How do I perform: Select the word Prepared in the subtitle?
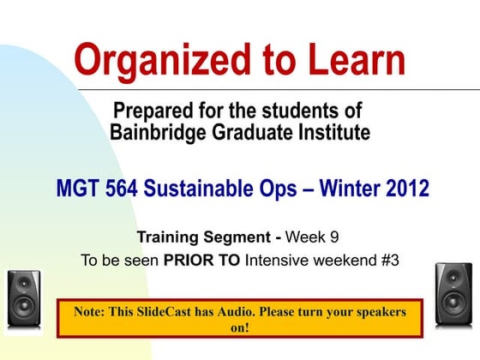point(154,111)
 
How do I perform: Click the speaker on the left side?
point(25,299)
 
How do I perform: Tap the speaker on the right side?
point(453,293)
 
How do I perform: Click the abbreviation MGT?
point(80,189)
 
